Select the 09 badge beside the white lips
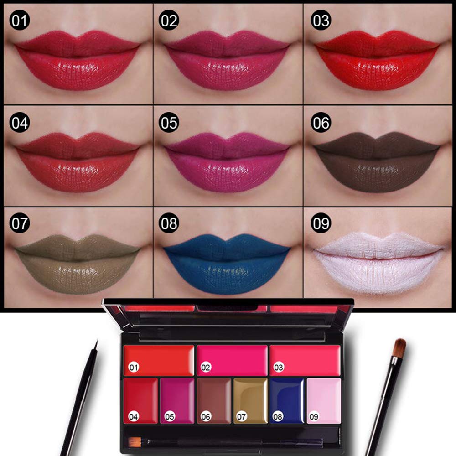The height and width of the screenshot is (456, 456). (320, 224)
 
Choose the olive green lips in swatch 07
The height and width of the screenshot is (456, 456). (76, 263)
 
